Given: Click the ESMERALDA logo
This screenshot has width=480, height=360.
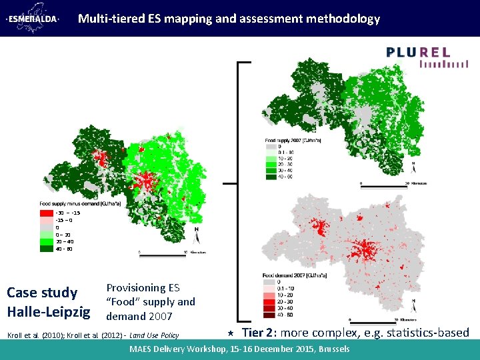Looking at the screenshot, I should pos(34,19).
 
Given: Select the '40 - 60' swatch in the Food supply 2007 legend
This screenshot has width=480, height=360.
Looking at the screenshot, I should pos(271,177).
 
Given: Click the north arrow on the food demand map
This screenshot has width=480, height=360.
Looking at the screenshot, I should pos(414,303).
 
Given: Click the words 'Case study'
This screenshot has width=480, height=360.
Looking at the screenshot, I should pos(42,293).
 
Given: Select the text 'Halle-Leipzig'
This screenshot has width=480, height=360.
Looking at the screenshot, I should pos(48,311).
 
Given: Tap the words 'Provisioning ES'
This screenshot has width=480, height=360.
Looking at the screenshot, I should pos(143,288).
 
